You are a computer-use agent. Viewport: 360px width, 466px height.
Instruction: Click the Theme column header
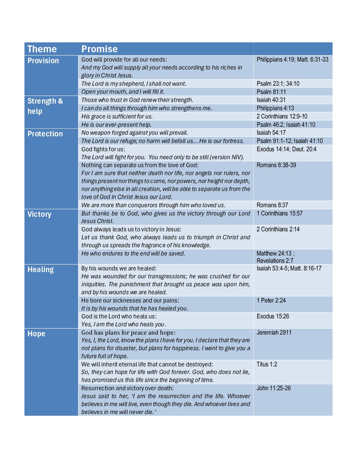42,49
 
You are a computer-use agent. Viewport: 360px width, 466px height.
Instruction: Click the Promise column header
99,49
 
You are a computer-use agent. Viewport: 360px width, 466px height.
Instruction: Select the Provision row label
43,61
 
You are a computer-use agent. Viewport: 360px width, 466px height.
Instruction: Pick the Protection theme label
45,134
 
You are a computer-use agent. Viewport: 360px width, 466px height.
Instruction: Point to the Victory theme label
39,214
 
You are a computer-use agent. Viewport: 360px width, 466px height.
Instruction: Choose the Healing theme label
40,270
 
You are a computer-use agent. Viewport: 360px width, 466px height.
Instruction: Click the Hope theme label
36,334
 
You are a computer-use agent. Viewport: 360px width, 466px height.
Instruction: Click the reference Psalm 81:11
271,92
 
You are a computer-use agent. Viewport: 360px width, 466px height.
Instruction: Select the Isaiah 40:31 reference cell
271,100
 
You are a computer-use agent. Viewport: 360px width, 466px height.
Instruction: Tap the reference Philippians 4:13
275,108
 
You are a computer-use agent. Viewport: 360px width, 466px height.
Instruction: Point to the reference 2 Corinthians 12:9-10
282,117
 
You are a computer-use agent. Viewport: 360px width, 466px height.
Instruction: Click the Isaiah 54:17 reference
271,133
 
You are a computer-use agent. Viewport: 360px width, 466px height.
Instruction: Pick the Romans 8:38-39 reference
276,165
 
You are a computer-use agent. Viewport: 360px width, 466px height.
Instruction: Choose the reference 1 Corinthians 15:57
279,213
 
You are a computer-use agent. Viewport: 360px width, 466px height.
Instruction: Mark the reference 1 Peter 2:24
271,301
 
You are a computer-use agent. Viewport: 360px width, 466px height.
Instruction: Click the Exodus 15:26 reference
273,316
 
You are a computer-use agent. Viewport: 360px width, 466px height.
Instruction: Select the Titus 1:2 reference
267,364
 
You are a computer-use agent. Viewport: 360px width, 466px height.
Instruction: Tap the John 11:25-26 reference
274,388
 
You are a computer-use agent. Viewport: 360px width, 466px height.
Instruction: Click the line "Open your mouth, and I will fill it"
123,92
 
